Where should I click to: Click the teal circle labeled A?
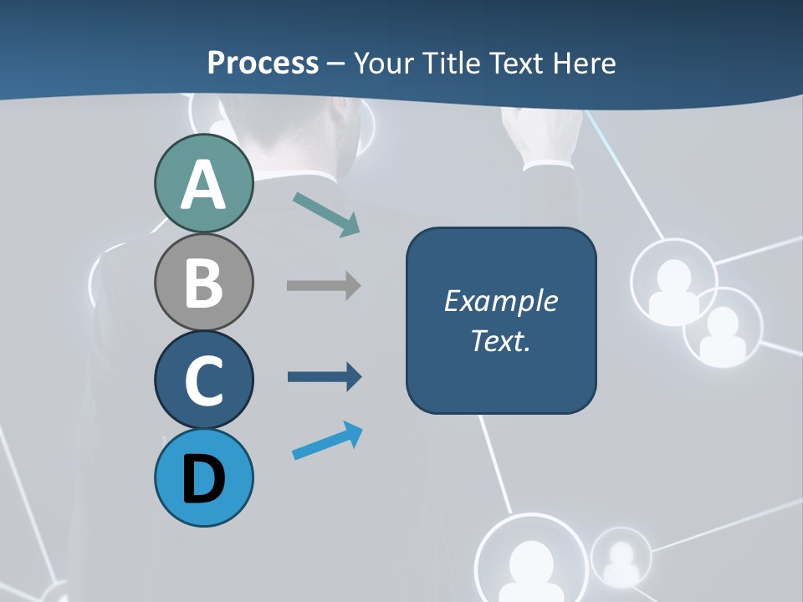click(203, 184)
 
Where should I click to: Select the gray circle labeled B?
click(203, 283)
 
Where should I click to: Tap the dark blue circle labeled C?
click(203, 380)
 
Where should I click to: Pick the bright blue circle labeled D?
click(203, 477)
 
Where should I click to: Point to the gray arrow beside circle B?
click(324, 285)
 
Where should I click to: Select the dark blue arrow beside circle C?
click(325, 376)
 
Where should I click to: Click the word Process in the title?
click(263, 63)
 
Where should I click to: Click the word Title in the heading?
click(454, 63)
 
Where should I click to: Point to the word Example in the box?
click(500, 301)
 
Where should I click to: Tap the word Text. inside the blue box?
click(500, 340)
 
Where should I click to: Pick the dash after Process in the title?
click(335, 64)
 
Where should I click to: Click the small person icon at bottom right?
click(621, 558)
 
